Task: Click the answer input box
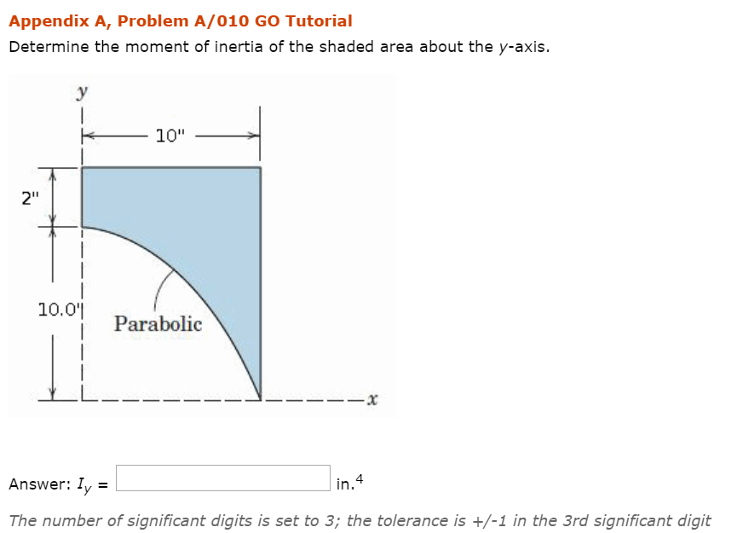click(223, 478)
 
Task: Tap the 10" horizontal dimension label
click(170, 135)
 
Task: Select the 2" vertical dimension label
click(31, 200)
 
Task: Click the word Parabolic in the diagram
click(158, 324)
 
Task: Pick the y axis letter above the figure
click(83, 90)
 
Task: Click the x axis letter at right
click(372, 398)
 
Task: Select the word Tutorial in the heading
click(320, 21)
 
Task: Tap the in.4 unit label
click(349, 484)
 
